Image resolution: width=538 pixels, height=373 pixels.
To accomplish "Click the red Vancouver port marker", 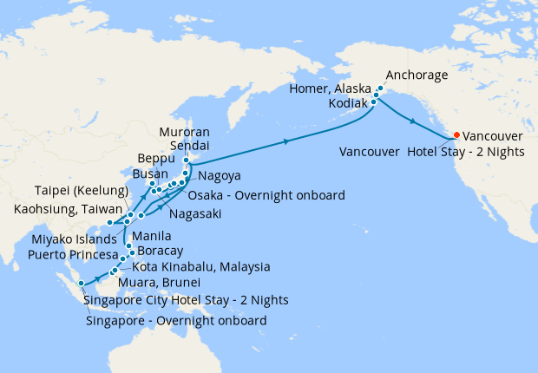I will [457, 135].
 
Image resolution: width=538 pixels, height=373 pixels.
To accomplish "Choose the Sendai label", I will [190, 146].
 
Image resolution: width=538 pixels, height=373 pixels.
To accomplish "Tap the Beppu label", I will [157, 160].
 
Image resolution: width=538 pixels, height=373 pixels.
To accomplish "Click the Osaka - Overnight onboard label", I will [266, 194].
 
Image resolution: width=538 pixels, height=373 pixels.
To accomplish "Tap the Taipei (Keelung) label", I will [82, 191].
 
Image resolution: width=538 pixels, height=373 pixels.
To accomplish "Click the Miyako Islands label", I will [71, 239].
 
